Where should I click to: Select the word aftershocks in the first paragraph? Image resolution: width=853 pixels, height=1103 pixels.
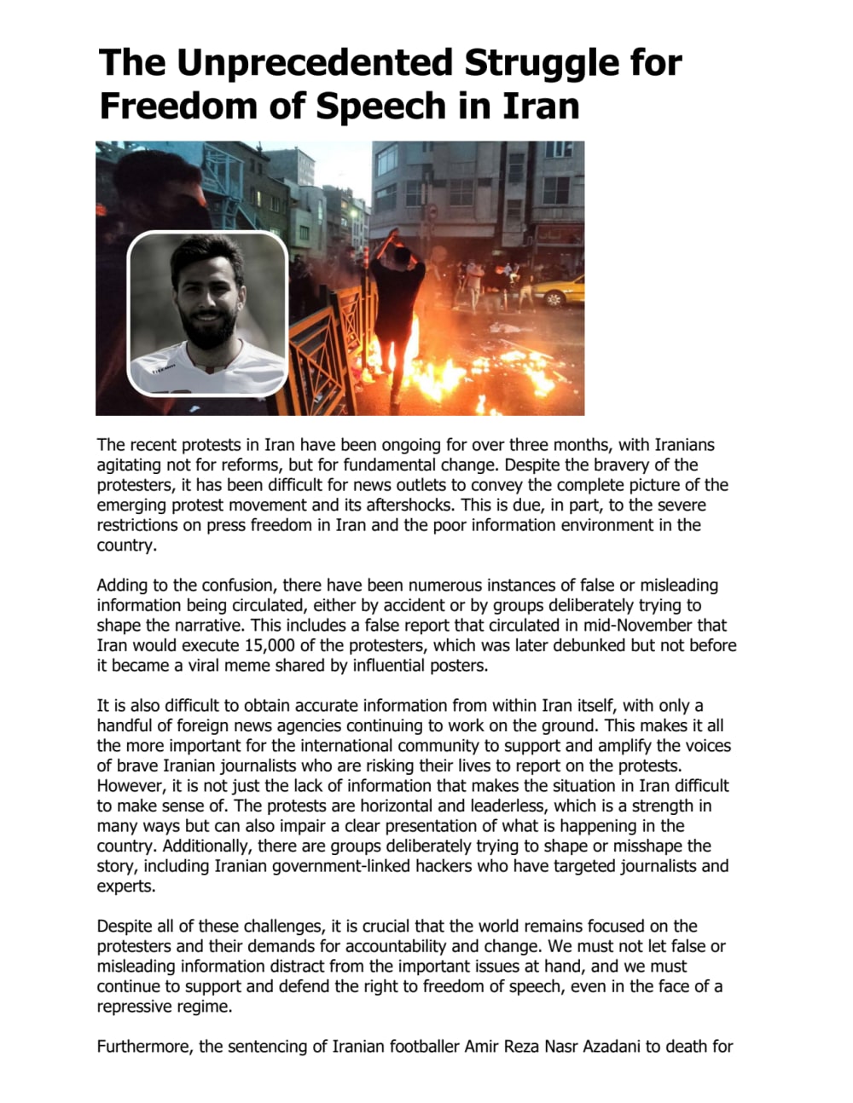tap(409, 505)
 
